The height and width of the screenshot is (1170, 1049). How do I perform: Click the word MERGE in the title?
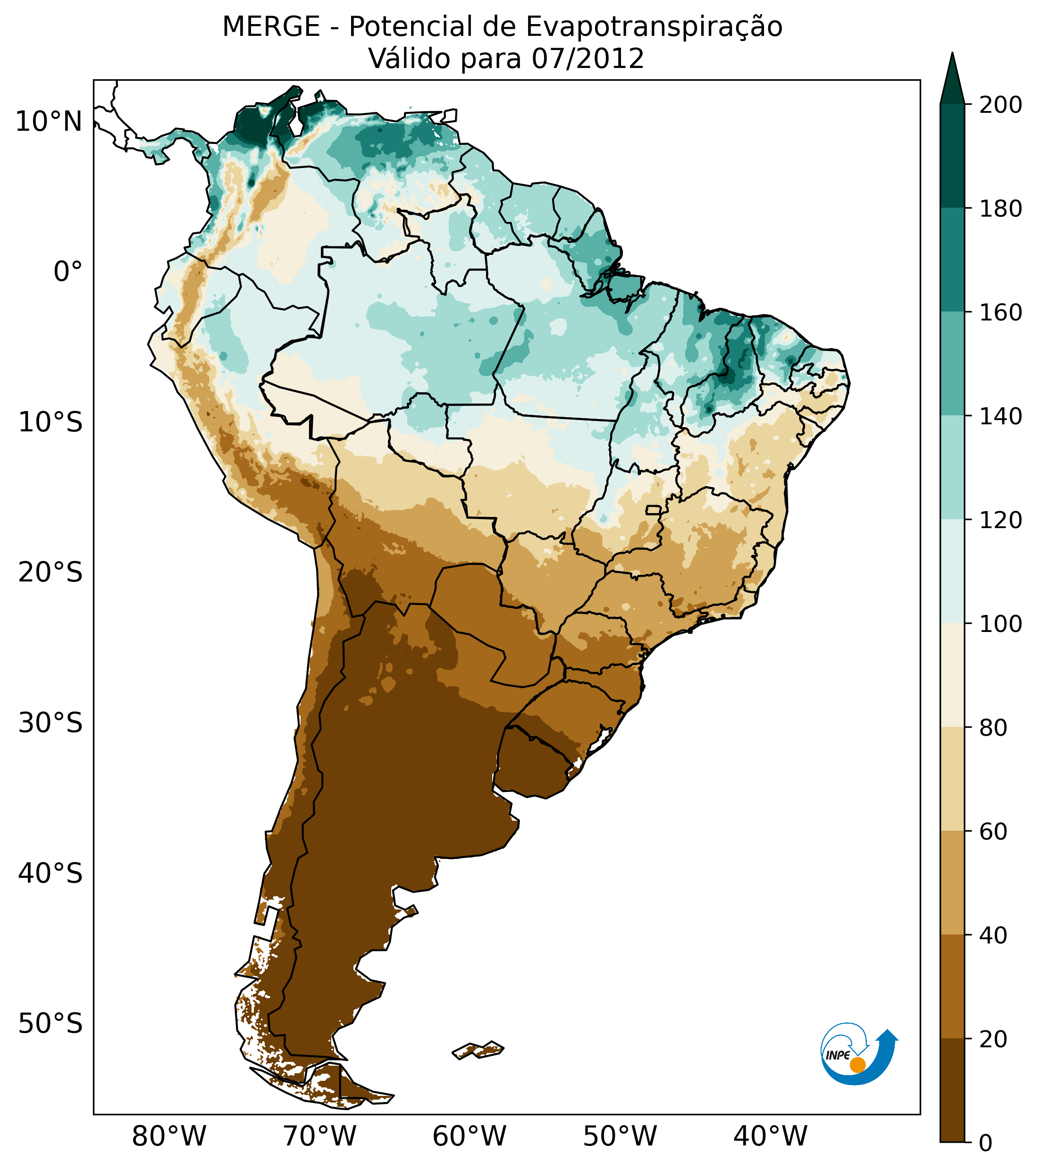click(x=271, y=27)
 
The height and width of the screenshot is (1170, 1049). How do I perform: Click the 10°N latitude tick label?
click(x=49, y=122)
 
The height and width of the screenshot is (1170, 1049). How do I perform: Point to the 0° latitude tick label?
click(x=67, y=272)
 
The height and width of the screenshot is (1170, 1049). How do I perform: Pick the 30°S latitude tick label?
click(x=50, y=724)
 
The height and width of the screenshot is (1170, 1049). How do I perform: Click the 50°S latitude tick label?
click(x=50, y=1024)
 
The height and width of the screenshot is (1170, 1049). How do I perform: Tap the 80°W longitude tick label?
click(x=169, y=1136)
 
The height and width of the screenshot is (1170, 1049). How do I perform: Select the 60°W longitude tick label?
click(x=469, y=1136)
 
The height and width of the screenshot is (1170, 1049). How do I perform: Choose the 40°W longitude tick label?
click(x=770, y=1136)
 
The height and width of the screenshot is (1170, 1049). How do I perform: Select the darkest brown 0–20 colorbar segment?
click(x=952, y=1090)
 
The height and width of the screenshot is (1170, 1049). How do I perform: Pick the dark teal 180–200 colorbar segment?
click(x=952, y=156)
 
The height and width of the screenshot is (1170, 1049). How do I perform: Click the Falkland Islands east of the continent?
click(x=478, y=1050)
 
